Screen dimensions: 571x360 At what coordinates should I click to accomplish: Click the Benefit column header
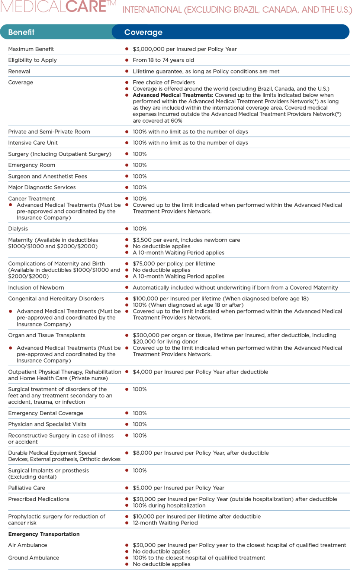(x=21, y=32)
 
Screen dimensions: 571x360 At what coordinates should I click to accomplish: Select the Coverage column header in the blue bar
(x=143, y=32)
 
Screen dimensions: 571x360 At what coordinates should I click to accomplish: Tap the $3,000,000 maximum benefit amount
(x=148, y=49)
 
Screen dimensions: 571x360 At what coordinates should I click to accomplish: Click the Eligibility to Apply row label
(x=32, y=60)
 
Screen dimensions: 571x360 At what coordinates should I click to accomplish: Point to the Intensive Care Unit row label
(x=33, y=143)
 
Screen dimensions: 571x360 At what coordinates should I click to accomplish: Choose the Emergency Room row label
(x=32, y=165)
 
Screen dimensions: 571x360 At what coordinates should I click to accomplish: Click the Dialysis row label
(x=18, y=229)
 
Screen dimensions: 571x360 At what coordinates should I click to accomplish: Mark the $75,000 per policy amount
(x=145, y=264)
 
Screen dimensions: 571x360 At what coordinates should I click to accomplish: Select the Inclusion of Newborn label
(x=36, y=288)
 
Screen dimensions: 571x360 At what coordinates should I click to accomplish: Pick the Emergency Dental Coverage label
(x=46, y=413)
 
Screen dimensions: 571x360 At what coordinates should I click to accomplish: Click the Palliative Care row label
(x=26, y=488)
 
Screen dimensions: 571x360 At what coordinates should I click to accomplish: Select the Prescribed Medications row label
(x=39, y=499)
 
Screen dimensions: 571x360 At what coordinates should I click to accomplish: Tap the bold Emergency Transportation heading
(x=44, y=534)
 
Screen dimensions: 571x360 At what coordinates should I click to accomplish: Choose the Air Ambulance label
(x=28, y=545)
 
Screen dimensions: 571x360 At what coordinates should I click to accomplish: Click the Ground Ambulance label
(x=33, y=558)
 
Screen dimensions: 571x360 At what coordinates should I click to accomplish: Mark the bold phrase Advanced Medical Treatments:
(x=173, y=95)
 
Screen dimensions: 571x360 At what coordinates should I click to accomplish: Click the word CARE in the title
(x=86, y=6)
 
